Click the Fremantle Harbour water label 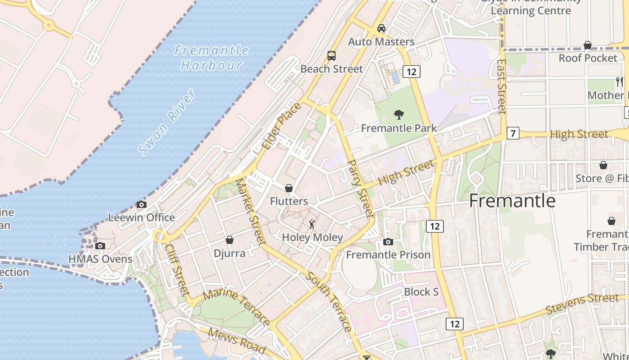click(x=211, y=58)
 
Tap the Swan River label click(x=167, y=122)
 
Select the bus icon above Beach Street click(x=332, y=56)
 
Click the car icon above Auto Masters click(x=381, y=28)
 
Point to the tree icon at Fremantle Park click(x=399, y=115)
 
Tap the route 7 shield click(x=513, y=133)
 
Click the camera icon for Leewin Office click(x=142, y=205)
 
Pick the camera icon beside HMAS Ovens click(x=100, y=246)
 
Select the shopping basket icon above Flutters click(x=289, y=188)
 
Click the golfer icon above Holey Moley click(x=312, y=224)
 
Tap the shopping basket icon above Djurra click(x=230, y=240)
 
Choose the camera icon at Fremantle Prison click(x=388, y=242)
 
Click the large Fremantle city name click(x=512, y=201)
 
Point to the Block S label click(x=421, y=292)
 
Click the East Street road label click(x=502, y=86)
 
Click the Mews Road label click(x=237, y=342)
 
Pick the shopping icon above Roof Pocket click(x=588, y=45)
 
